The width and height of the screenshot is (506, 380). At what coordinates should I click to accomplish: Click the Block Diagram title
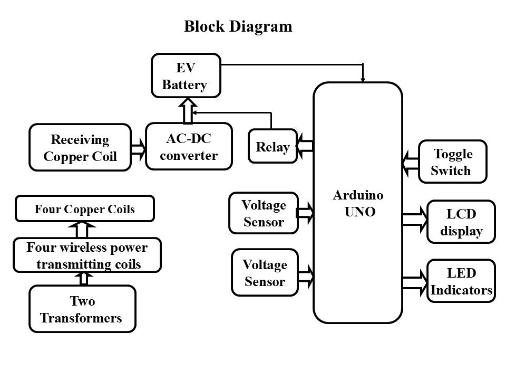coord(238,27)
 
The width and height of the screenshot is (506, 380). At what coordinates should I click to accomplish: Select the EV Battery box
coord(186,75)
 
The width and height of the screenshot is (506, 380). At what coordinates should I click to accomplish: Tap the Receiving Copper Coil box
coord(80,148)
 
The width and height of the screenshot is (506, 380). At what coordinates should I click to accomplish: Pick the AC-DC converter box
coord(189,147)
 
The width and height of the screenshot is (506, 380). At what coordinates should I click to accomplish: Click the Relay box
coord(273,147)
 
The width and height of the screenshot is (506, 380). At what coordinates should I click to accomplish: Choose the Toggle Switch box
coord(452,161)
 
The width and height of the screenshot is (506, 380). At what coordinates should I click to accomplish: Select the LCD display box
coord(461,222)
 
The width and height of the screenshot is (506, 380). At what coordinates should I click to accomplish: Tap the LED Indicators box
coord(461,281)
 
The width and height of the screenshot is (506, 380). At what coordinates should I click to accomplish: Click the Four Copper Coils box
coord(84,208)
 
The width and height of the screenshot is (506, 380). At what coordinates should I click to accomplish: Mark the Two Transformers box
coord(82,309)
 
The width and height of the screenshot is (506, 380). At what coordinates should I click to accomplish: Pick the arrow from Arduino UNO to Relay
coord(306,146)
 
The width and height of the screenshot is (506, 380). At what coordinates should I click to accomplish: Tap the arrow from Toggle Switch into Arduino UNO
coord(410,161)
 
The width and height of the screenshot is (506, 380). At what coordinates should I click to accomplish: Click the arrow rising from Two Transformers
coord(83,279)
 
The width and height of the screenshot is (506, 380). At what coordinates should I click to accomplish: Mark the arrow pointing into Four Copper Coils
coord(82,230)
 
